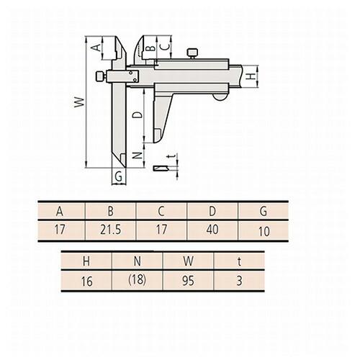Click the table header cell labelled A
pos(59,212)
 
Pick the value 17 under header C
pos(162,231)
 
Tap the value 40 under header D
pos(212,231)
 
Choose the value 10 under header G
pos(264,232)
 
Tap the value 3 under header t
pos(238,281)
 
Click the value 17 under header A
pos(59,231)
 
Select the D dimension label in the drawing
pos(138,114)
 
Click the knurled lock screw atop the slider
pos(192,52)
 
